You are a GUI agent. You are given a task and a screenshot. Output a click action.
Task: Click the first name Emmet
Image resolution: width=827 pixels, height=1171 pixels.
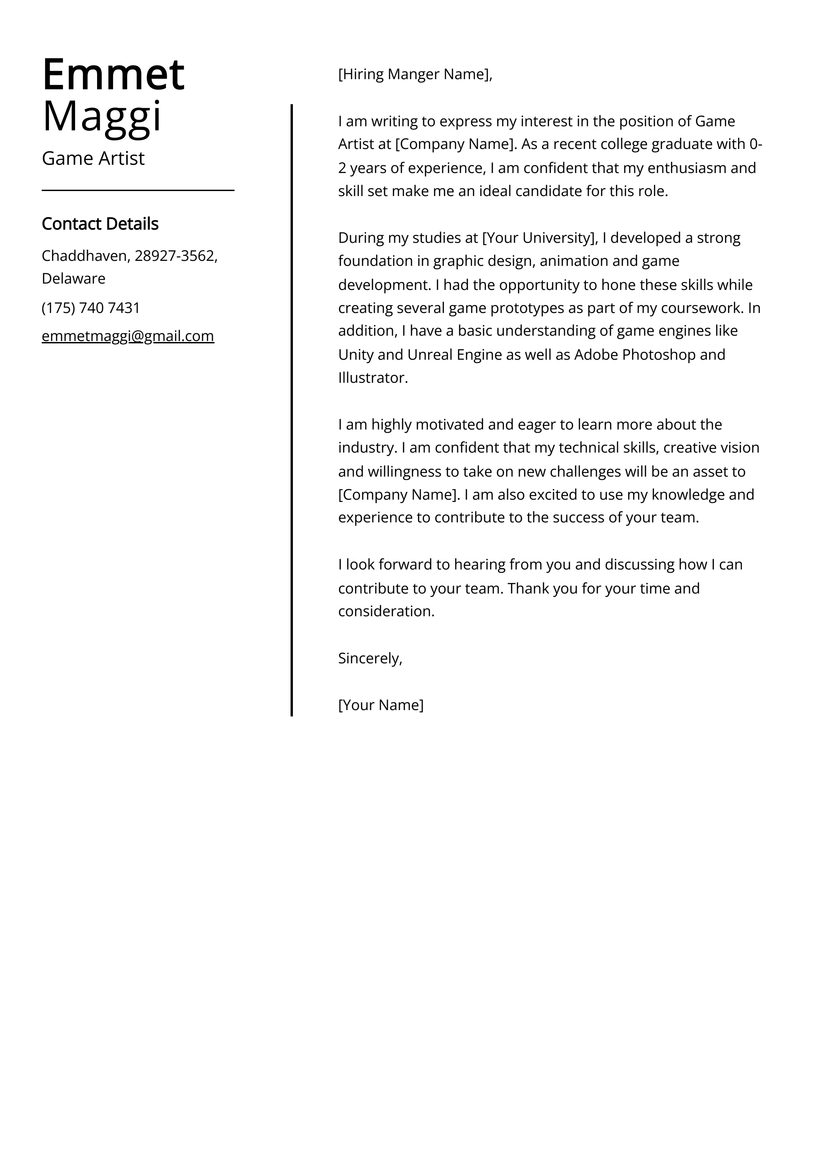[x=113, y=75]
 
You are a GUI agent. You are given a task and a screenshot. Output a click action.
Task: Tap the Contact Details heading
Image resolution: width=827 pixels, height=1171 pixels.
[x=100, y=224]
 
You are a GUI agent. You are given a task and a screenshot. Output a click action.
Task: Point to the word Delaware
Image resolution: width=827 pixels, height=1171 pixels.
[x=73, y=279]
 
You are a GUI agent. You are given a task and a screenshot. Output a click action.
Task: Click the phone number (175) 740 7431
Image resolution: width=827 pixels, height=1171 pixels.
[x=91, y=308]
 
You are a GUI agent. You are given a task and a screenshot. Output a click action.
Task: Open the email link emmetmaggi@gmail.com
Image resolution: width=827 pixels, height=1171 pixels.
[x=128, y=336]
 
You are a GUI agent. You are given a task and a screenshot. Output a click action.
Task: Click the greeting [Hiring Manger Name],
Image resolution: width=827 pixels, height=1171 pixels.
[x=415, y=74]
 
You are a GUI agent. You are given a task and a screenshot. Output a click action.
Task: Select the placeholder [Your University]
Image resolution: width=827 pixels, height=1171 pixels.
[x=540, y=238]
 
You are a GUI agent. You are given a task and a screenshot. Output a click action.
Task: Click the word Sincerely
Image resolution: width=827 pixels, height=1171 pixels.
[x=369, y=658]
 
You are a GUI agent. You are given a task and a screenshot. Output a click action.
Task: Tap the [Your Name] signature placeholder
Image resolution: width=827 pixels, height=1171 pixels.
[x=381, y=705]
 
